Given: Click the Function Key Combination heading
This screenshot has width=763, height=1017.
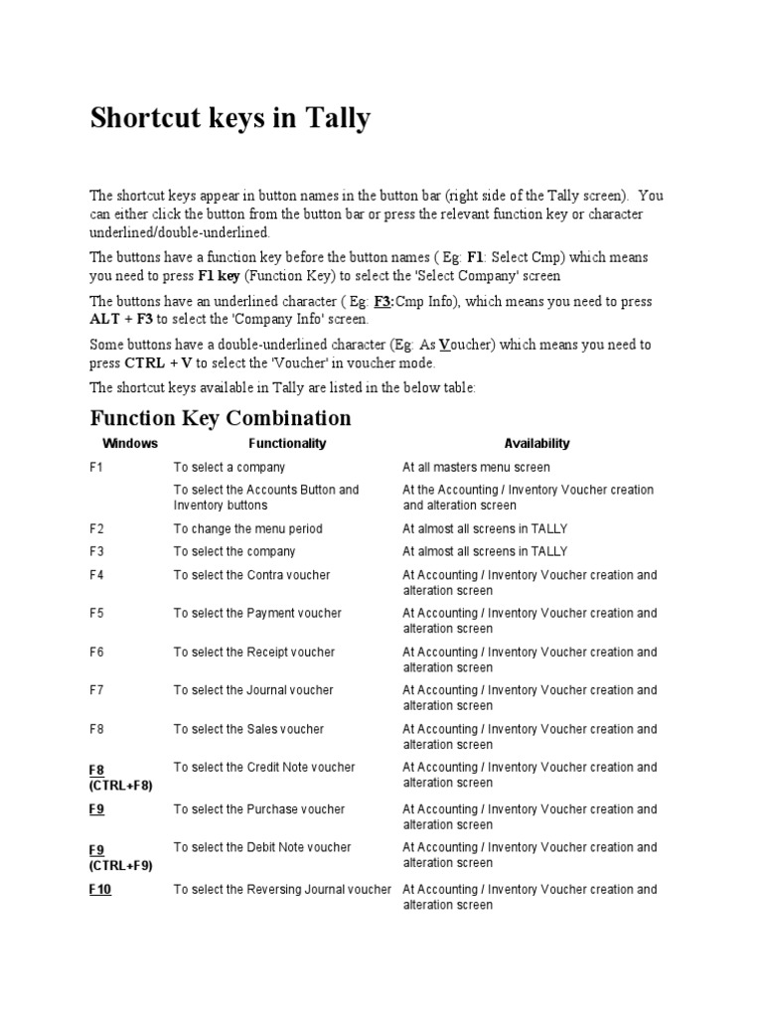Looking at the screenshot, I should coord(221,417).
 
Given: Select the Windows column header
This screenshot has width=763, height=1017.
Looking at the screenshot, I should coord(130,444).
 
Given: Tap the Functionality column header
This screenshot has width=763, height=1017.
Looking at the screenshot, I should coord(287,444).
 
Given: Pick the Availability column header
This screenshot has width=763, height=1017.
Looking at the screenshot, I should coord(536,444).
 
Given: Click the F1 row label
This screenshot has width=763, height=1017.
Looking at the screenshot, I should coord(96,468).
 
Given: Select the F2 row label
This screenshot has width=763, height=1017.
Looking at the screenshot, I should coord(96,529).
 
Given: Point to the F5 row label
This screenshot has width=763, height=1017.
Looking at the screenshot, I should coord(96,614).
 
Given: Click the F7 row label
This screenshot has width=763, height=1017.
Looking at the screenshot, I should coord(96,690).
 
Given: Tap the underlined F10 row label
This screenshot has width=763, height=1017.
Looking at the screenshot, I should coord(99,890).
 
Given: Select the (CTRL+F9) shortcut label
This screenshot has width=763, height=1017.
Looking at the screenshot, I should coord(120,865).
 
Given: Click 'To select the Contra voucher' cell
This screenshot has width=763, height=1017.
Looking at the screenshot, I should coord(251,575).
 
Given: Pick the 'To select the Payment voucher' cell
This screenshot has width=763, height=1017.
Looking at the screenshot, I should coord(257,614).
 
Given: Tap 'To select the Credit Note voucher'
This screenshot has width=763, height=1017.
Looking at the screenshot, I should coord(264,768).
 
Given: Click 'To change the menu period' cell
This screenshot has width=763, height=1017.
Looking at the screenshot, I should coord(247,529).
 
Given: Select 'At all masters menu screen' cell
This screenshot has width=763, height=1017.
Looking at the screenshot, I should coord(476,468).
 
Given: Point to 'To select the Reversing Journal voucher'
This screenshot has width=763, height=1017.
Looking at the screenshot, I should coord(282,890).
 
